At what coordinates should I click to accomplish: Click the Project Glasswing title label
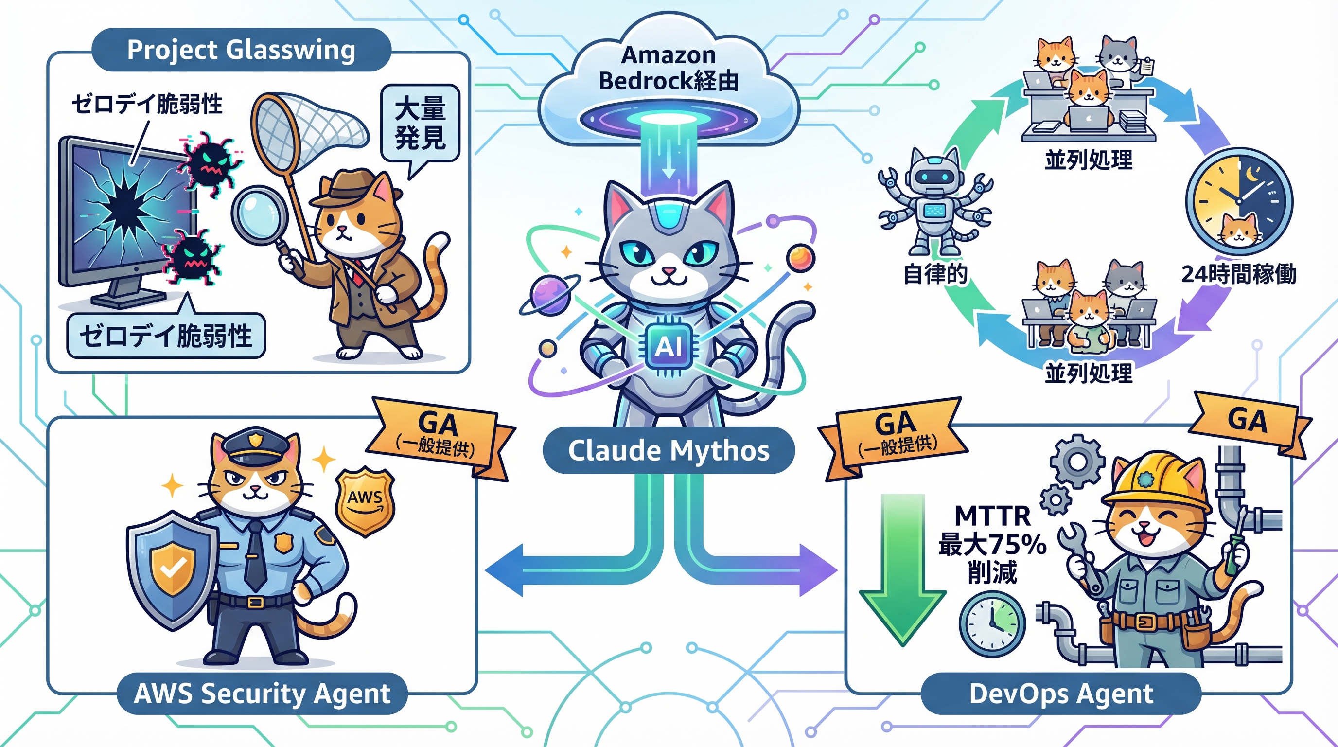[x=241, y=51]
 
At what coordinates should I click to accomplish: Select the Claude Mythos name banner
[x=669, y=450]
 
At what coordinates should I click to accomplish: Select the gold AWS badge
[x=365, y=500]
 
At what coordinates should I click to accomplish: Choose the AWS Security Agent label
[x=263, y=694]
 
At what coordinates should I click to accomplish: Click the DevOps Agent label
[x=1061, y=694]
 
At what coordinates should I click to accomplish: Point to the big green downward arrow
[x=903, y=571]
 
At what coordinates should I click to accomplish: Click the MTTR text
[x=992, y=516]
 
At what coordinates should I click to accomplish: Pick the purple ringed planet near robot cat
[x=549, y=295]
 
